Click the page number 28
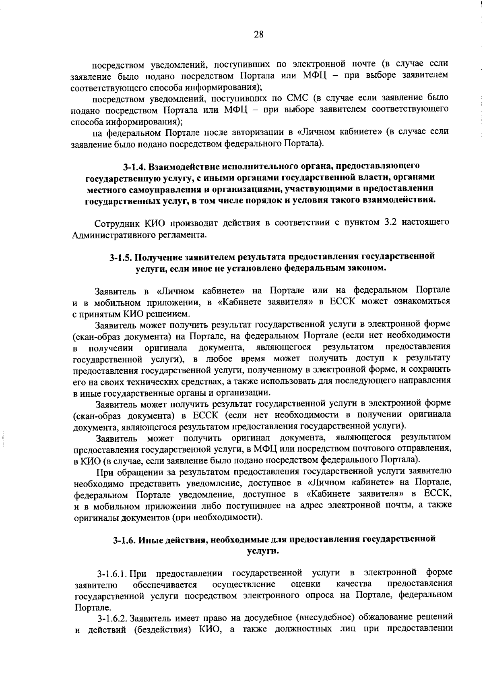(x=258, y=35)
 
